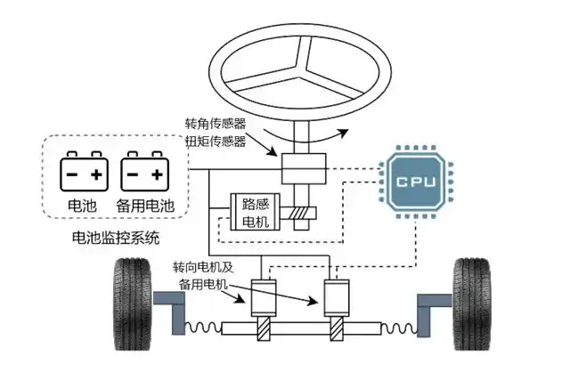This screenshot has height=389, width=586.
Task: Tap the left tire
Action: pyautogui.click(x=131, y=306)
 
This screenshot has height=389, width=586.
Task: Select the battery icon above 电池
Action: pyautogui.click(x=85, y=170)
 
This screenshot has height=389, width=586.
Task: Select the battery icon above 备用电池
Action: pyautogui.click(x=145, y=170)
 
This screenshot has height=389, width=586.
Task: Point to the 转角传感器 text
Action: pyautogui.click(x=215, y=124)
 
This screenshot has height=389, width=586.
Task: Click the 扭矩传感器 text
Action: pyautogui.click(x=215, y=141)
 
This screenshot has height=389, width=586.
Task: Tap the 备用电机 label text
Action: pyautogui.click(x=204, y=284)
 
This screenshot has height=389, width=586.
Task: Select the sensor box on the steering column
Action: pyautogui.click(x=302, y=169)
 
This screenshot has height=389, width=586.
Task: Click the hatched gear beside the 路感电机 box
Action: pyautogui.click(x=303, y=215)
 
